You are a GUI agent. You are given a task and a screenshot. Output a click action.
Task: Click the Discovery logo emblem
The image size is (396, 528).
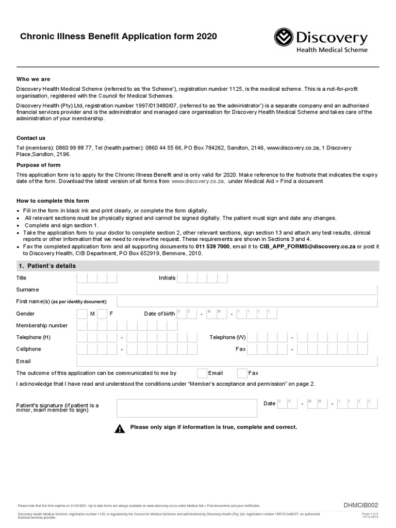[x=283, y=37]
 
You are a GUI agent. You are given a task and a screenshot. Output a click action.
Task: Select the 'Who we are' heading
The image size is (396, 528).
[x=34, y=79]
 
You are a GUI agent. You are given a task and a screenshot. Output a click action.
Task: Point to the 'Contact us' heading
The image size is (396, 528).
[x=31, y=138]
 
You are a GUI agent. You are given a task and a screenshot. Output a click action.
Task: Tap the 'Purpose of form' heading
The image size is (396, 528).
[x=39, y=165]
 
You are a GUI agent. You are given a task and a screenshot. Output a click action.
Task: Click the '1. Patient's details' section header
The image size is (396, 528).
[x=46, y=266]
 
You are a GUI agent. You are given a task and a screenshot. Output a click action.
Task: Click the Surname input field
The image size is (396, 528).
[x=227, y=290]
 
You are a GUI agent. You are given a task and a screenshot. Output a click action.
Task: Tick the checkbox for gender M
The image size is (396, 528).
[x=82, y=314]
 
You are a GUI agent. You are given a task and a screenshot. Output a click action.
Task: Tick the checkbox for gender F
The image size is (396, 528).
[x=102, y=314]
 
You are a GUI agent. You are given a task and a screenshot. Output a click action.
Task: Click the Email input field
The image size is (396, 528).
[x=227, y=361]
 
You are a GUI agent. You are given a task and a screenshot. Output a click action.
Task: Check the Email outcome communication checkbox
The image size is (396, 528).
[x=202, y=373]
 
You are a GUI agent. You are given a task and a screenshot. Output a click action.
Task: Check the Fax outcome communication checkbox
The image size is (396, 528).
[x=242, y=373]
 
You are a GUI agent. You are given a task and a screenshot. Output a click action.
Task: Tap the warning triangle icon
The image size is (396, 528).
[x=120, y=428]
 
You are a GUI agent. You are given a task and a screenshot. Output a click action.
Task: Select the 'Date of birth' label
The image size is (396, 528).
[x=159, y=314]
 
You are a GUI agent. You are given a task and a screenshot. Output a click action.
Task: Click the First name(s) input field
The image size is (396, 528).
[x=247, y=302]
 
